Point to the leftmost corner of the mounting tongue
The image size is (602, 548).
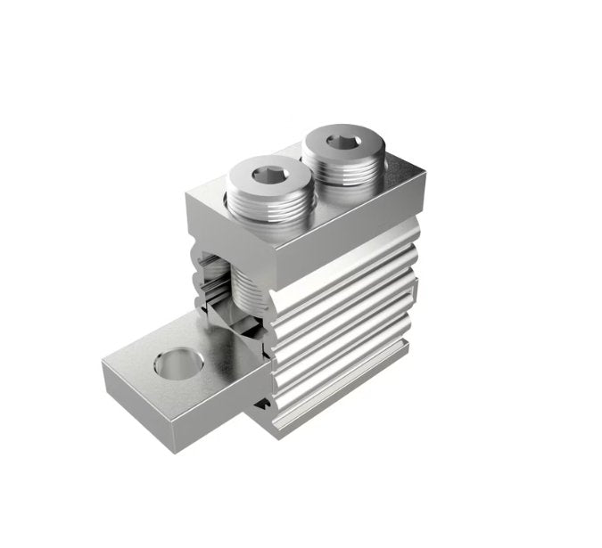pos(103,361)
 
